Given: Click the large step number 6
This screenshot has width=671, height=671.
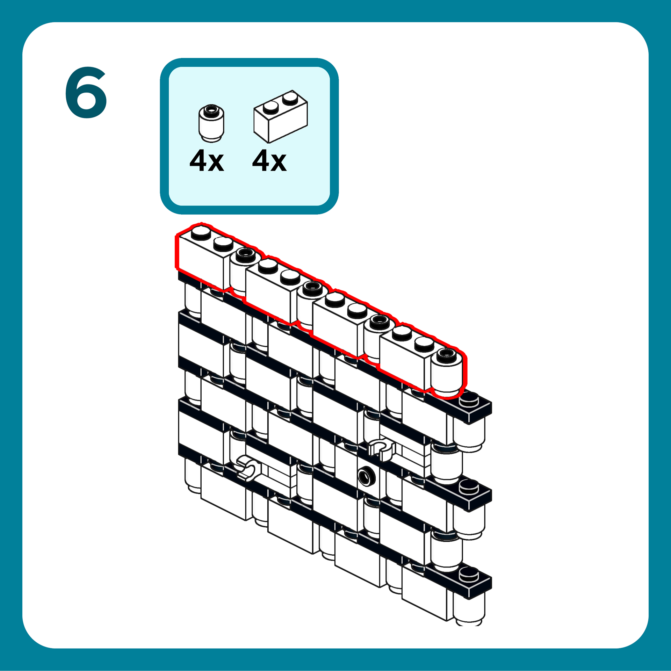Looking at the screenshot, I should (x=86, y=93).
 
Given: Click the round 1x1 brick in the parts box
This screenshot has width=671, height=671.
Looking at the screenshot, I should (x=211, y=123).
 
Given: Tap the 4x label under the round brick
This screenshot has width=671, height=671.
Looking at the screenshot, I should (x=207, y=161).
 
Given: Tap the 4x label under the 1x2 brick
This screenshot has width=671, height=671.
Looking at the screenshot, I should (x=269, y=161).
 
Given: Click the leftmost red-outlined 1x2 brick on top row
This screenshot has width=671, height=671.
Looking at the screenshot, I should (x=201, y=259).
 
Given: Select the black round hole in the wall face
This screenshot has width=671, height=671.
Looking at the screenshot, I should (x=366, y=476).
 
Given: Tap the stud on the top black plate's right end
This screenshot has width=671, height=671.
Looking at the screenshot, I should (x=469, y=399).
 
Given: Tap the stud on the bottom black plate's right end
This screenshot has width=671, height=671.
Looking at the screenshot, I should (x=469, y=574).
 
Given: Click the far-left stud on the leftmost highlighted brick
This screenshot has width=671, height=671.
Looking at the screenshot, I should (x=201, y=232).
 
